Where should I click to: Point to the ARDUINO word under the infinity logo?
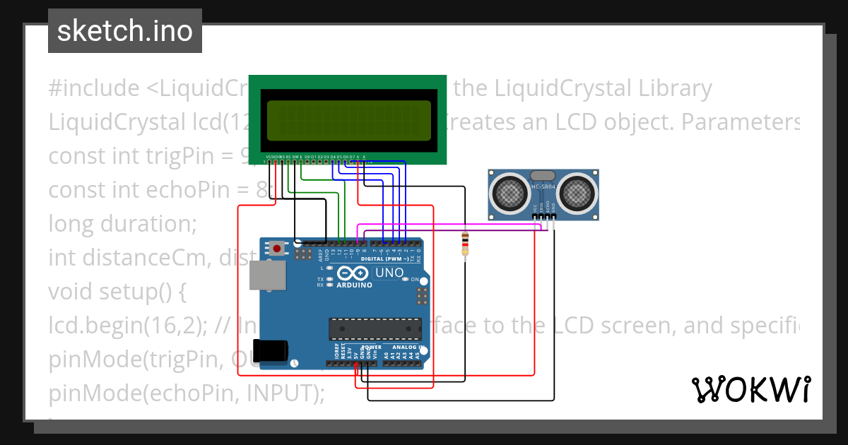pos(354,285)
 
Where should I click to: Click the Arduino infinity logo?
pos(353,273)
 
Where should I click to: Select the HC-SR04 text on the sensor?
pos(543,187)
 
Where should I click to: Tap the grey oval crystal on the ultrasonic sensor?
pos(543,175)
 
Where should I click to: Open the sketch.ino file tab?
pos(124,31)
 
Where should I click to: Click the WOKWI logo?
pos(750,389)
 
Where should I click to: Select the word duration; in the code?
pos(151,223)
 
